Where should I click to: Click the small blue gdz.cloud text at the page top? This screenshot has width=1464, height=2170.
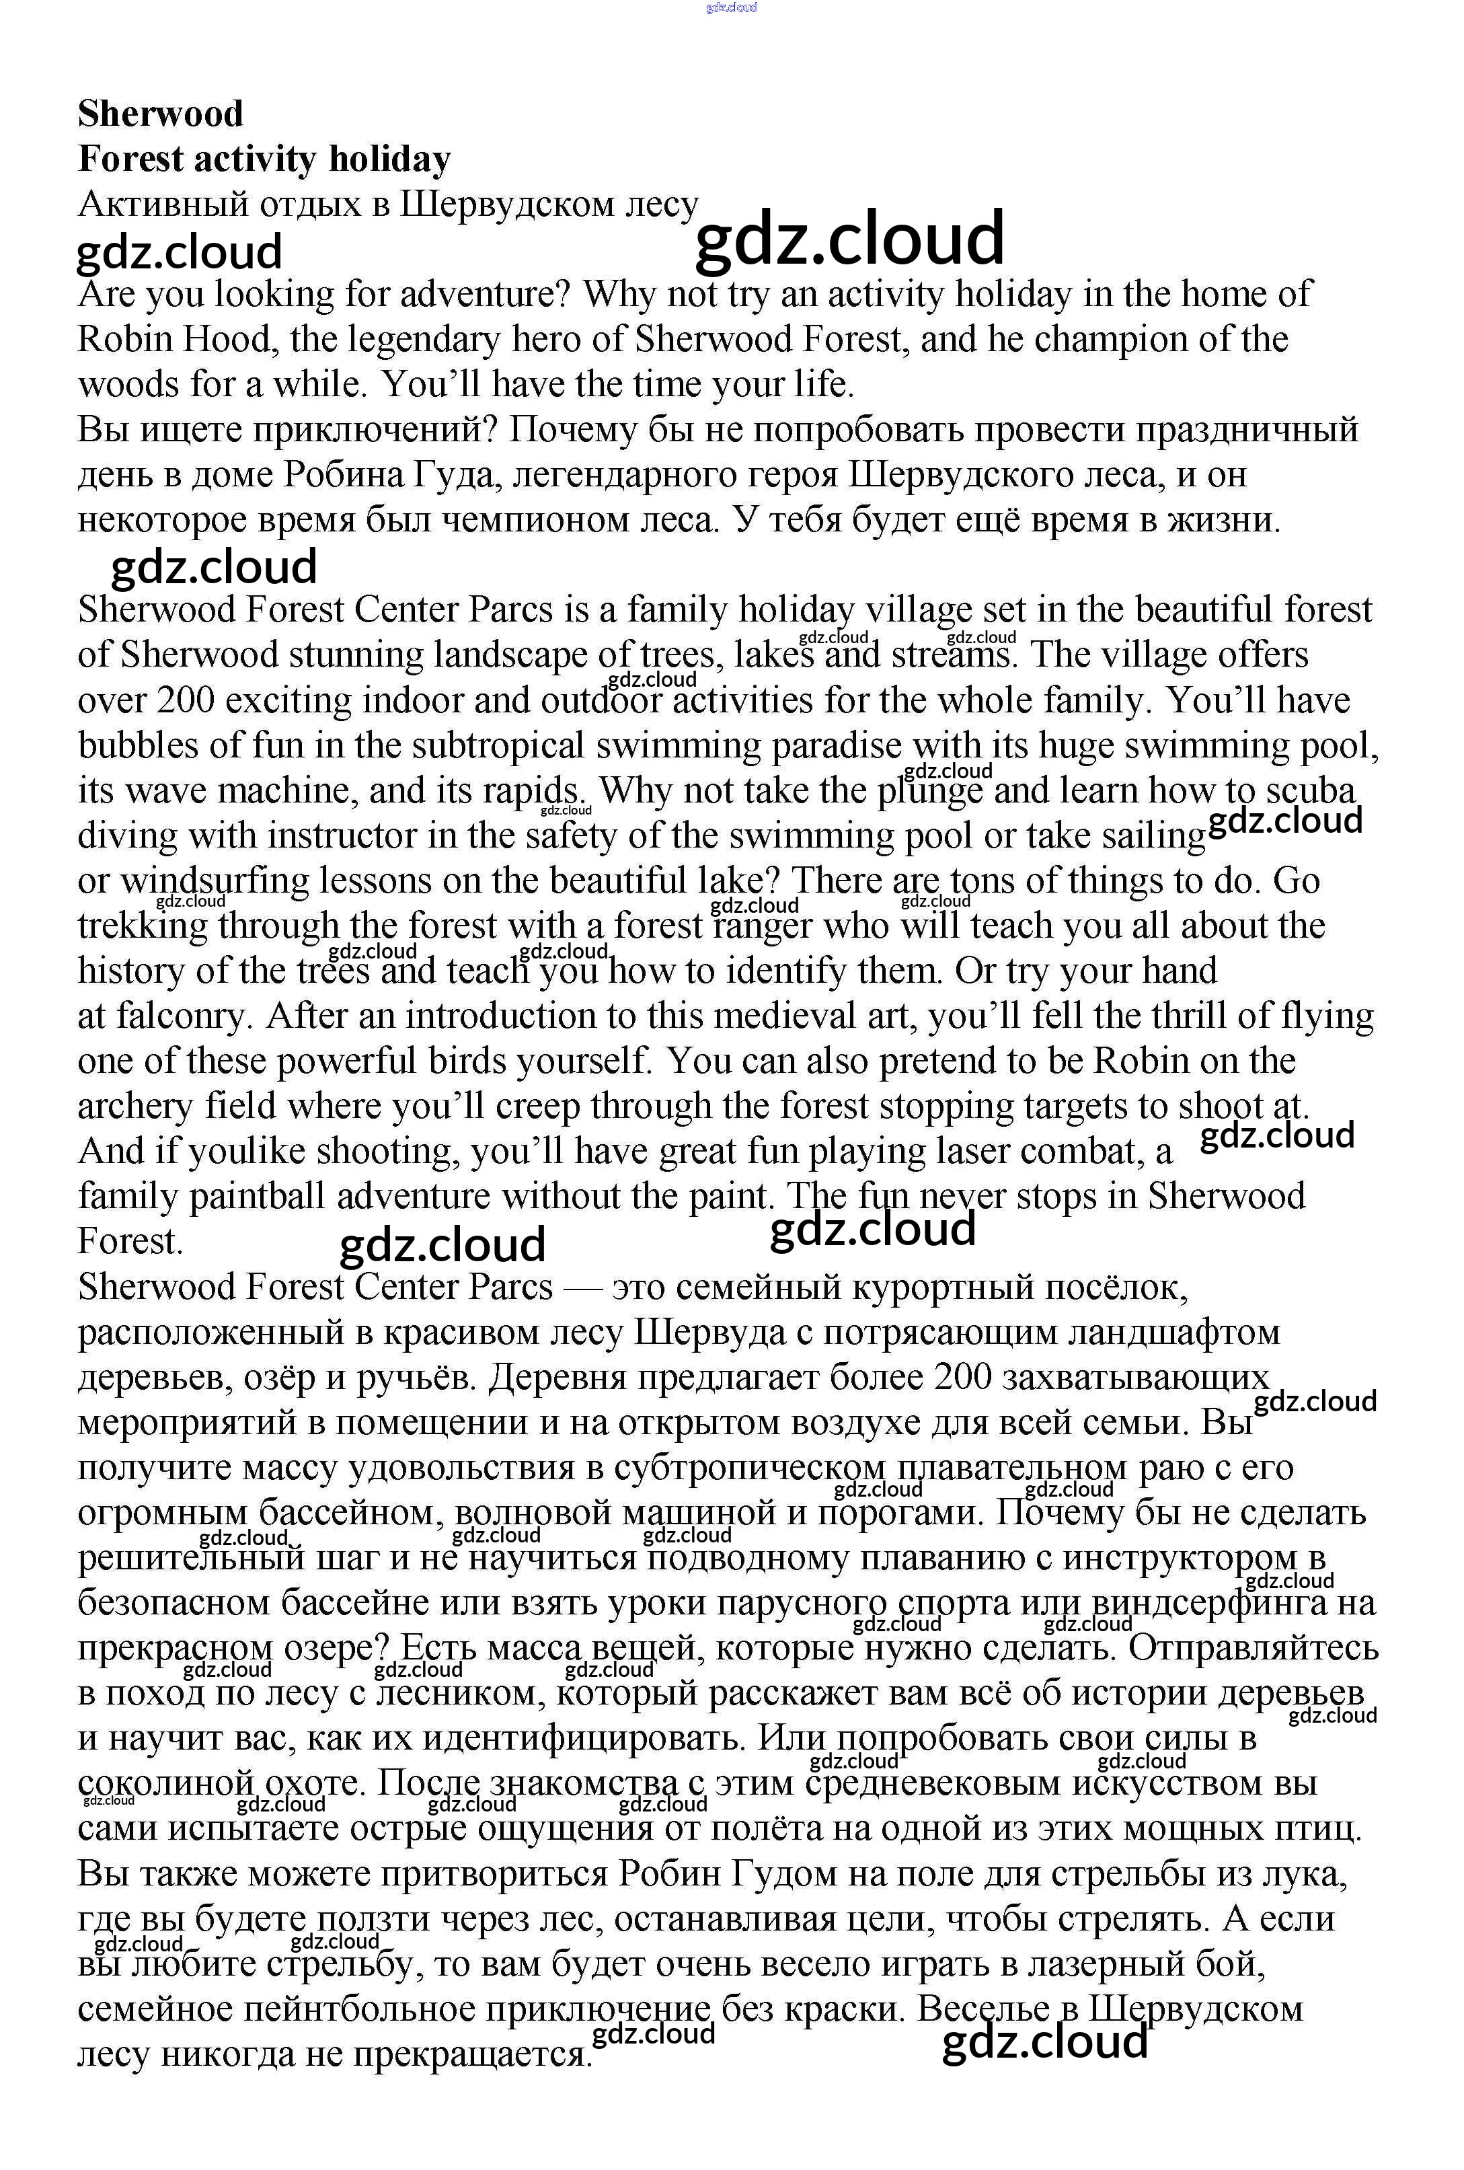click(x=731, y=7)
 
